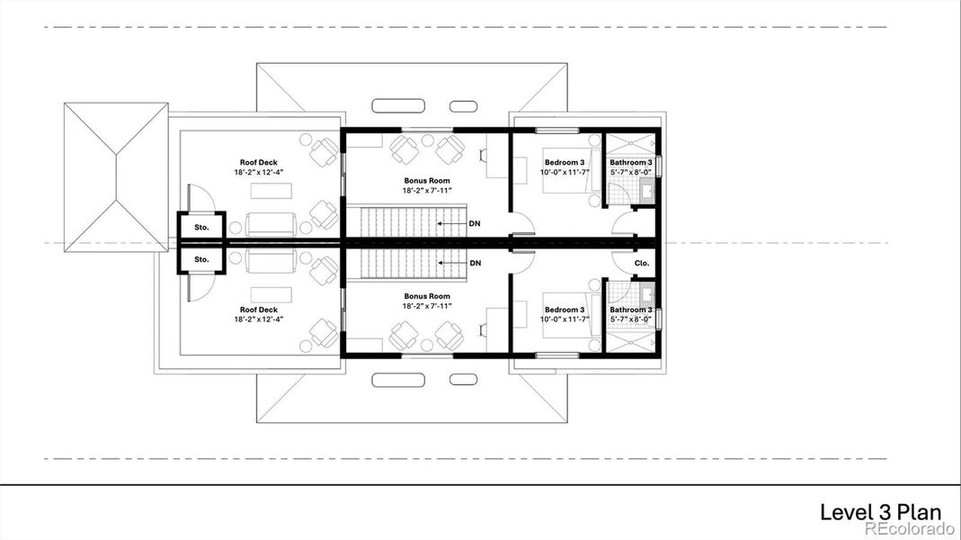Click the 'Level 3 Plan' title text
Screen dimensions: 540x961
pyautogui.click(x=880, y=512)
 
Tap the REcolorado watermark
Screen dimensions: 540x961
pyautogui.click(x=911, y=529)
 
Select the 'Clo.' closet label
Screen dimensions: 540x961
pyautogui.click(x=642, y=264)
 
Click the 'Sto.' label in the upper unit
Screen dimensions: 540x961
pyautogui.click(x=201, y=228)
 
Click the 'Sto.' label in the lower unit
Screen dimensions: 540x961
pyautogui.click(x=201, y=259)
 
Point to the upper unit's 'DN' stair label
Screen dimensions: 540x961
pyautogui.click(x=475, y=223)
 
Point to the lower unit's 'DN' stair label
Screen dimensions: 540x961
pyautogui.click(x=475, y=263)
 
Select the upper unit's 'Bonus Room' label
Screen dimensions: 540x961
pyautogui.click(x=426, y=181)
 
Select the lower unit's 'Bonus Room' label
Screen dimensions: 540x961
pyautogui.click(x=426, y=296)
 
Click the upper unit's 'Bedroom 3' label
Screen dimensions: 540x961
pyautogui.click(x=564, y=162)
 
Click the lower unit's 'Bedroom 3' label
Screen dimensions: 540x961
pyautogui.click(x=564, y=310)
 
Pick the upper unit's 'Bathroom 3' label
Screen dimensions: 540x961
pyautogui.click(x=630, y=162)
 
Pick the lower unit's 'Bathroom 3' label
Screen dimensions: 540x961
pyautogui.click(x=630, y=310)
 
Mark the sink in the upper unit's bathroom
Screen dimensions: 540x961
pyautogui.click(x=647, y=191)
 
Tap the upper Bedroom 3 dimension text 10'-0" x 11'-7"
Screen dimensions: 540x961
pyautogui.click(x=565, y=172)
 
